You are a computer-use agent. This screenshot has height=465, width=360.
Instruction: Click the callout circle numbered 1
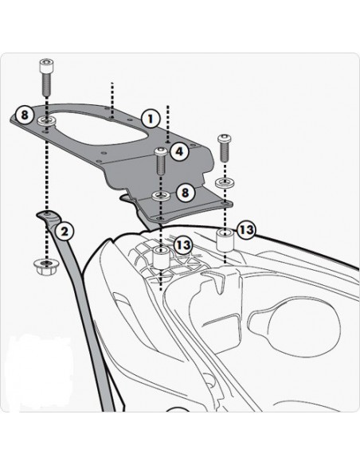tap(151, 119)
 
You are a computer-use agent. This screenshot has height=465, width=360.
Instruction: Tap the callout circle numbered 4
tap(180, 151)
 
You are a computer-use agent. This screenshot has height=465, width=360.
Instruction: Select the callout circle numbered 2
tap(65, 231)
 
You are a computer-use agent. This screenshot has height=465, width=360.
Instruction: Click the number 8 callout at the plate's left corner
tap(25, 114)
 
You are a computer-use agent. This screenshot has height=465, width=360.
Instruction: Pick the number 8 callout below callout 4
tap(185, 193)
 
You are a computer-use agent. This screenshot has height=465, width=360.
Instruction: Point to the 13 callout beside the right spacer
tap(246, 229)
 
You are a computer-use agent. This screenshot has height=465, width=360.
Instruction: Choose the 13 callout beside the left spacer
tap(184, 245)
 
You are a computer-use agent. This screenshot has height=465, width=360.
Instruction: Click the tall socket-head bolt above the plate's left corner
tap(47, 77)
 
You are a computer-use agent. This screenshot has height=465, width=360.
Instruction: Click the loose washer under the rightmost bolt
tap(225, 182)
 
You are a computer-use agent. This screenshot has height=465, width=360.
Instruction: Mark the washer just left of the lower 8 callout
tap(161, 196)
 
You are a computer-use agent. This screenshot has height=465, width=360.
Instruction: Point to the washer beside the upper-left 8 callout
tap(47, 121)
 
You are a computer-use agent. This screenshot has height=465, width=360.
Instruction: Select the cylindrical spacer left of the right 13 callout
tap(225, 240)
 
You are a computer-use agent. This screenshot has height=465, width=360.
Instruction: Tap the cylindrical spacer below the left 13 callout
tap(162, 258)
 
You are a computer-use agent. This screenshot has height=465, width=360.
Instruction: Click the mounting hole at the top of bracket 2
tap(47, 214)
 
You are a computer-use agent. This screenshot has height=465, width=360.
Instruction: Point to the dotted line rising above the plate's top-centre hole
tap(112, 100)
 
